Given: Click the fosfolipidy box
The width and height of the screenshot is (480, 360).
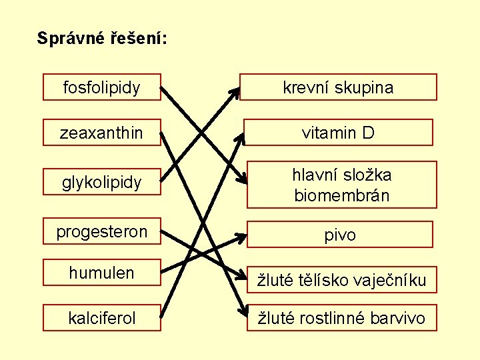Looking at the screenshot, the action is click(x=102, y=87).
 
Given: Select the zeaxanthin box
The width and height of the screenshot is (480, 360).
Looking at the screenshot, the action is click(x=102, y=133).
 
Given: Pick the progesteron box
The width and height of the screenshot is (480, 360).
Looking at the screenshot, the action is click(x=102, y=231).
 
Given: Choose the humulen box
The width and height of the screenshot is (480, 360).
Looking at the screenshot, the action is click(x=102, y=273).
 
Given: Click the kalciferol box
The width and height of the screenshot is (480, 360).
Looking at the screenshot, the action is click(x=102, y=317).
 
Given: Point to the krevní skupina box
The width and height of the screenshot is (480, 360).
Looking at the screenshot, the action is click(x=338, y=87).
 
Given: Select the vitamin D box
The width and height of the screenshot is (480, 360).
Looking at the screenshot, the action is click(x=338, y=133).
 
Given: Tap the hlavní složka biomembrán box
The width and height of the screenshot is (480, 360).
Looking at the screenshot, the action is click(x=342, y=185).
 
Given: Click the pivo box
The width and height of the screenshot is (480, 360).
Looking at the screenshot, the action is click(x=340, y=235).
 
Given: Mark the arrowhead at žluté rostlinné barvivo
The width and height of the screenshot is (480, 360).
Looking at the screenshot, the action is click(x=240, y=311).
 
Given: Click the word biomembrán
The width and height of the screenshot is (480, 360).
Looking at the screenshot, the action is click(x=342, y=196).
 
